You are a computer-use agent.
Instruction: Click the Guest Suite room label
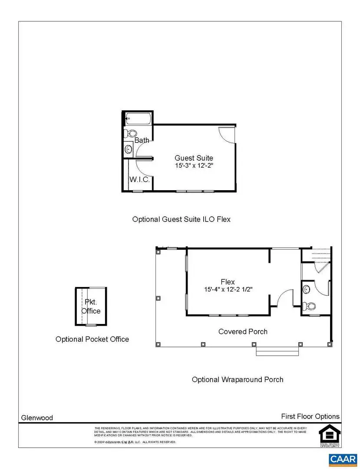coord(194,158)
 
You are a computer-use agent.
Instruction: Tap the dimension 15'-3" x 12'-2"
coord(194,165)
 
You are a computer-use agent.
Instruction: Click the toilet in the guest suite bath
coord(130,133)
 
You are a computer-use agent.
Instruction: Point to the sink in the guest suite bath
coord(129,149)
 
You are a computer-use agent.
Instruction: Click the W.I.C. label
coord(139,179)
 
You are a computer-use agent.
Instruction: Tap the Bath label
coord(142,140)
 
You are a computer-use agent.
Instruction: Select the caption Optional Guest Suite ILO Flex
coord(181,219)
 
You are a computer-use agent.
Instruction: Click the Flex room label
coord(228,282)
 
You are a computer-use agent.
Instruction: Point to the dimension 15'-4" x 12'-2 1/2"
coord(228,289)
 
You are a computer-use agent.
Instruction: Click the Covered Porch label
coord(243,332)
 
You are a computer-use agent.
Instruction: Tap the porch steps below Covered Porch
coord(277,351)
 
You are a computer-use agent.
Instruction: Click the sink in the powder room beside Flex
coord(307,288)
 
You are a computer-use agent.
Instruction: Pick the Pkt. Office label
coord(91,307)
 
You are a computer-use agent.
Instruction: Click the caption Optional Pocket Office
coord(92,339)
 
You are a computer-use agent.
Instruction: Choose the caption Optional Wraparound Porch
coord(238,380)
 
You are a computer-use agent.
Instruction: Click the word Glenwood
coord(37,418)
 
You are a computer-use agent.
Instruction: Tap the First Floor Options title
coord(310,416)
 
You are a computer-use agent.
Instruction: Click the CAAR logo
coord(343,459)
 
